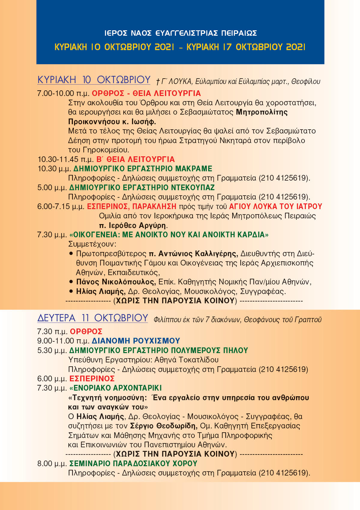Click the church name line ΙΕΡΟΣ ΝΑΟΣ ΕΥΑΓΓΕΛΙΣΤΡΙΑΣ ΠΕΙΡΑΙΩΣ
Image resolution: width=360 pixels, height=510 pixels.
pos(181,33)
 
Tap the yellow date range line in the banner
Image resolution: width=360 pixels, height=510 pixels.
pos(180,47)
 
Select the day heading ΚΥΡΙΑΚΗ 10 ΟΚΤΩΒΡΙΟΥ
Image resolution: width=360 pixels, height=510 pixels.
pos(94,80)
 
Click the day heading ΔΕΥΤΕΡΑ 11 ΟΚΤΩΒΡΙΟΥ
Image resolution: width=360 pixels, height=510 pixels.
pos(93,318)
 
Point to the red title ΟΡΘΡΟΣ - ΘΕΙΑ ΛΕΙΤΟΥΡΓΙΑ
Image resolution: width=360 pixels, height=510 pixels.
pos(146,93)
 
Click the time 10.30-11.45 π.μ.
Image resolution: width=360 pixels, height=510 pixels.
pos(66,159)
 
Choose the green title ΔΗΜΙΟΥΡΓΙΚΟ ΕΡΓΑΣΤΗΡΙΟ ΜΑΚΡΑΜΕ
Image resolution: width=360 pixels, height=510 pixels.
pos(143,169)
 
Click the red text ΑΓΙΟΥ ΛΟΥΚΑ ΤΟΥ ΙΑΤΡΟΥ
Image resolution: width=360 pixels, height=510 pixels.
pos(275,206)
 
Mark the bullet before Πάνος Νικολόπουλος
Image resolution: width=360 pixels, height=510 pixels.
pos(71,282)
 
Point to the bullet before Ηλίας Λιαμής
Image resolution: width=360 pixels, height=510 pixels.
pos(71,291)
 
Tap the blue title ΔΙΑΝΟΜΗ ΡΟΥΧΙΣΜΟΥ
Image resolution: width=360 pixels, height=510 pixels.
pos(136,341)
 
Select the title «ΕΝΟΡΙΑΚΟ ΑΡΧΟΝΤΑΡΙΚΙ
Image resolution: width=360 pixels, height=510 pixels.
pos(115,388)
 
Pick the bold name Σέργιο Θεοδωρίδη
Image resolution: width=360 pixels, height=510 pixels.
pos(163,426)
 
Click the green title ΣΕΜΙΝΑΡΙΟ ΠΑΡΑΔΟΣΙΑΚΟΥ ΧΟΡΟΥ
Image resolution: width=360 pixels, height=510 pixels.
pos(133,463)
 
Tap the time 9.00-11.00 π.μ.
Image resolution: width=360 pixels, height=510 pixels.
pos(63,341)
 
